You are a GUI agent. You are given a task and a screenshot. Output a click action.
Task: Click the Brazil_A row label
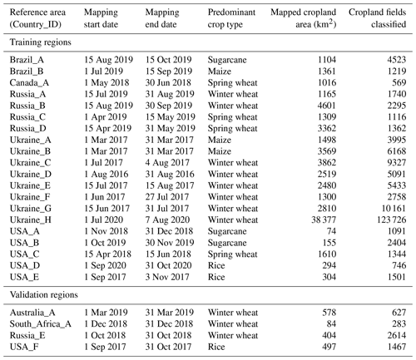(x=27, y=60)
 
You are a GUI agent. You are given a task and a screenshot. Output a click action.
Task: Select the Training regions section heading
(x=41, y=42)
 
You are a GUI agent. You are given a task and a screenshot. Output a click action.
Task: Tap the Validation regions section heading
(x=44, y=294)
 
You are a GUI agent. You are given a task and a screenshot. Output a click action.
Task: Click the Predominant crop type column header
(x=231, y=18)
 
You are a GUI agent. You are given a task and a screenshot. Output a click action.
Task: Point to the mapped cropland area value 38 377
(x=324, y=219)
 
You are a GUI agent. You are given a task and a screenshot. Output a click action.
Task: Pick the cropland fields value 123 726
(x=391, y=219)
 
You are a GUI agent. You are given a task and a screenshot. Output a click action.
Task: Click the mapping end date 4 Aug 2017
(x=167, y=163)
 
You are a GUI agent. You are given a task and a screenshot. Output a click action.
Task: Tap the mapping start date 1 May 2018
(x=106, y=83)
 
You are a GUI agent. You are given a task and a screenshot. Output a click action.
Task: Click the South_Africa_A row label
(x=41, y=324)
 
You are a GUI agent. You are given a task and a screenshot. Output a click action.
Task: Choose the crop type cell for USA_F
(x=216, y=347)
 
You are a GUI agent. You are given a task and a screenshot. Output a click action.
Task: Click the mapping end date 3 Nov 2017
(x=167, y=277)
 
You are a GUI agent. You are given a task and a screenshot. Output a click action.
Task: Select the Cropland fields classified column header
(x=378, y=18)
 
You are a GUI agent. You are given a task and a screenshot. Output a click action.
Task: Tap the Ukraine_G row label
(x=31, y=209)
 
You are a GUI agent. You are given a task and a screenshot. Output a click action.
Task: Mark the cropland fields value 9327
(x=397, y=163)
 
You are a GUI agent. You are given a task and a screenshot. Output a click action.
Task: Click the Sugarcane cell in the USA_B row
(x=227, y=243)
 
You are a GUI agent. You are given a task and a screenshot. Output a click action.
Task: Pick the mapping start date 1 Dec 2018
(x=106, y=324)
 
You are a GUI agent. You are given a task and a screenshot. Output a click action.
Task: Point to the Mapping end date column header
(x=162, y=18)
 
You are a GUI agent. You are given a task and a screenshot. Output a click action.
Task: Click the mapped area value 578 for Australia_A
(x=329, y=313)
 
